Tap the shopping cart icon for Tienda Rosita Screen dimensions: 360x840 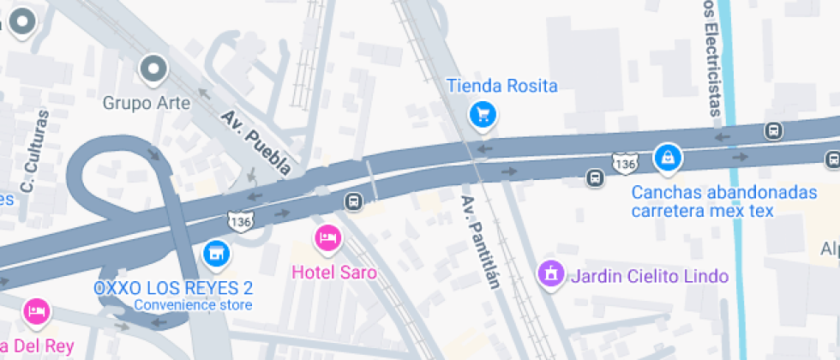click(483, 114)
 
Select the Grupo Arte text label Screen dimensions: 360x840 click(147, 103)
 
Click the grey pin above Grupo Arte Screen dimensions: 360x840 click(153, 68)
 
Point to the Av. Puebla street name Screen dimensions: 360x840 click(255, 141)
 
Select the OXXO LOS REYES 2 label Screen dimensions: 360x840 click(173, 286)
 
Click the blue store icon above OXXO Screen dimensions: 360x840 click(216, 253)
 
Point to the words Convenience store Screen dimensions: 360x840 click(193, 305)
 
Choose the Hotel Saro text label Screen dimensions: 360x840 click(334, 273)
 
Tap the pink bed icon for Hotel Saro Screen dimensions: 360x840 click(327, 237)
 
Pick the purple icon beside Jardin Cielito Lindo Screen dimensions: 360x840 click(549, 274)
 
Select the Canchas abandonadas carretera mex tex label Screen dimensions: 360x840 click(723, 201)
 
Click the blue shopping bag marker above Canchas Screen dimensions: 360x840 click(666, 158)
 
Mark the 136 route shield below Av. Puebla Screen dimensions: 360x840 click(240, 221)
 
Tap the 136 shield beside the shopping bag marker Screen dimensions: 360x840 click(624, 161)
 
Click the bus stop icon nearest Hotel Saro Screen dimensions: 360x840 click(351, 201)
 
